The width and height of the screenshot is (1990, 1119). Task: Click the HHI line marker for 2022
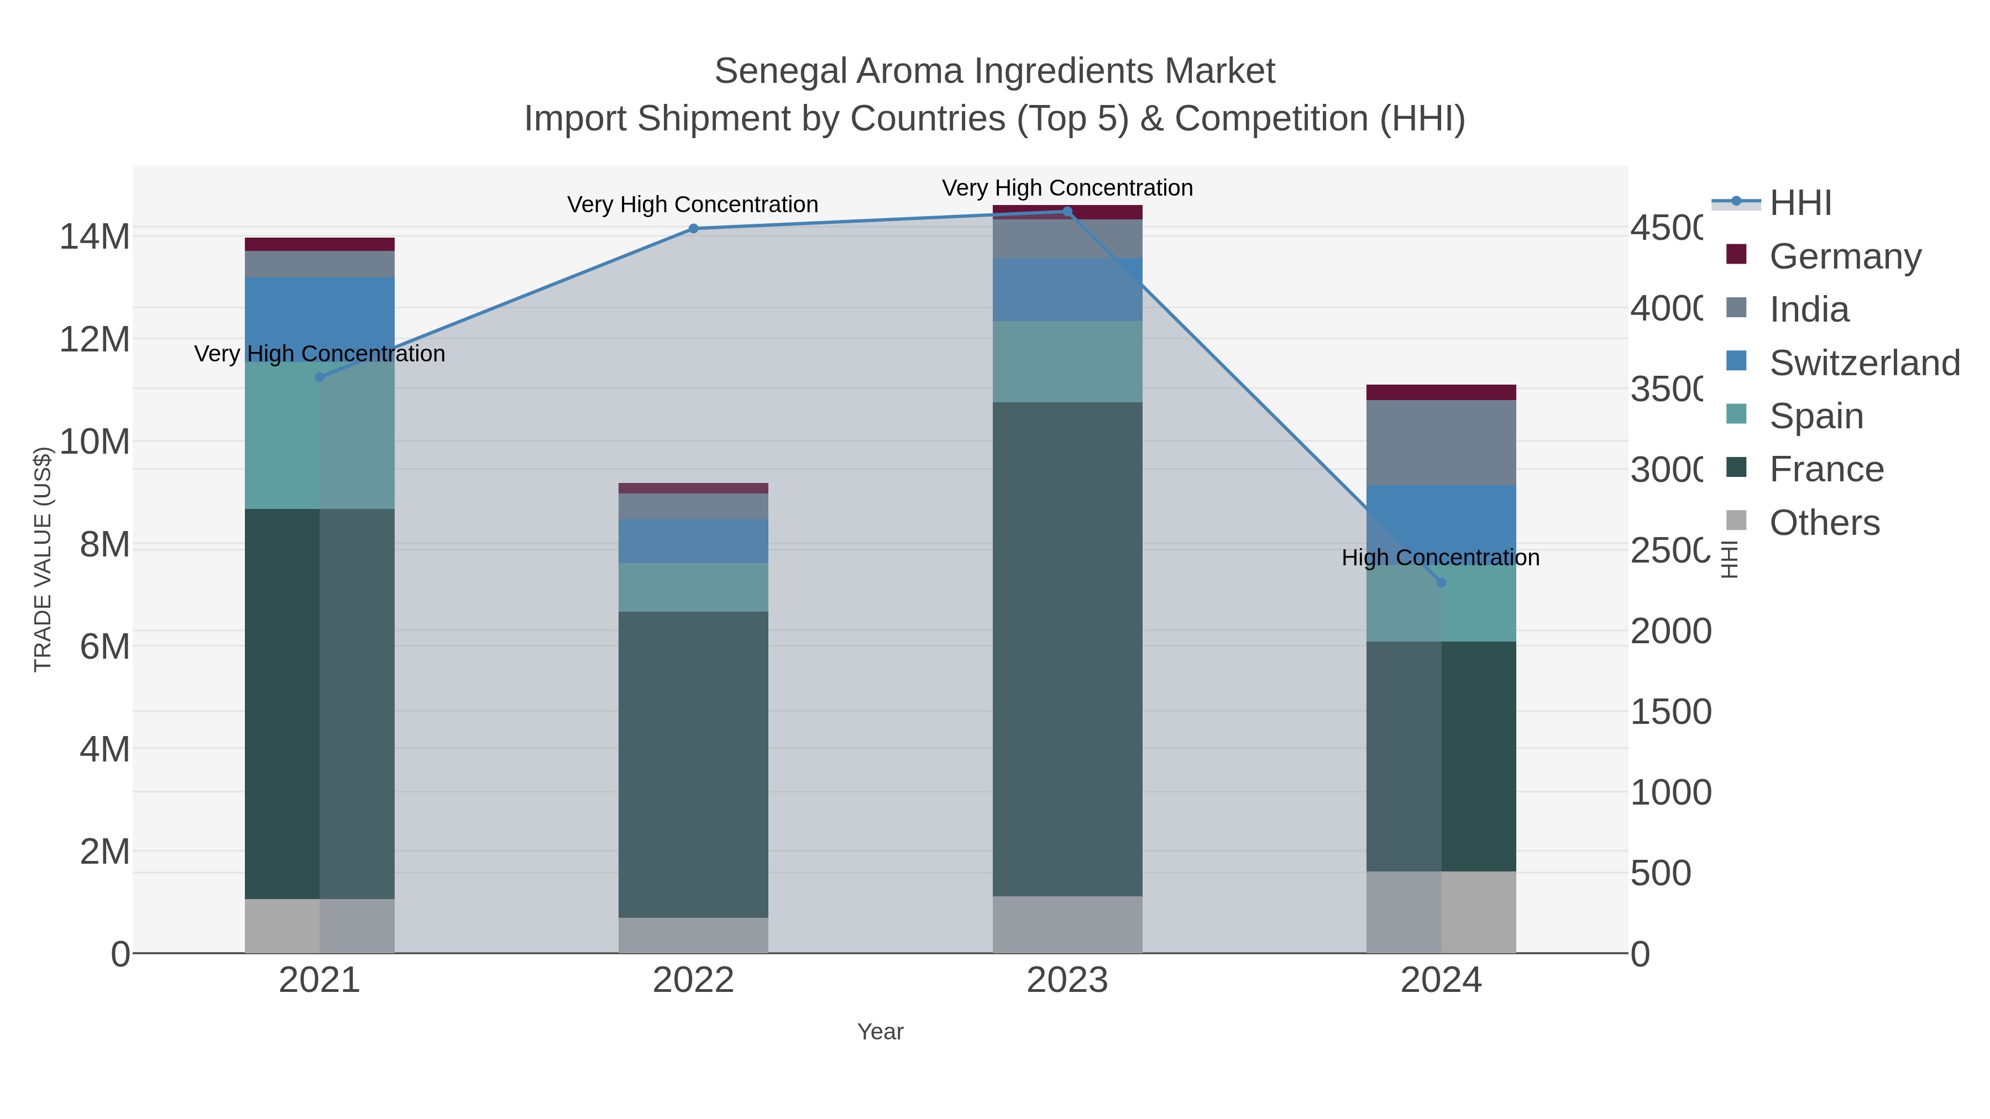coord(693,229)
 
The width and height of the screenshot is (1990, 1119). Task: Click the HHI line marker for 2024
coord(1441,582)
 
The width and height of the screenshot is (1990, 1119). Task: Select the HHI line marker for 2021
coord(320,377)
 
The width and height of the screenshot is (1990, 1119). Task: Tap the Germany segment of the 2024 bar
coord(1441,392)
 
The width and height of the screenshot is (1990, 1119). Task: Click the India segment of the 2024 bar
coord(1441,443)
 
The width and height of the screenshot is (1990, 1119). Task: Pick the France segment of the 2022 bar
coord(693,765)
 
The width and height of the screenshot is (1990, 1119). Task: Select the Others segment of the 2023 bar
coord(1067,924)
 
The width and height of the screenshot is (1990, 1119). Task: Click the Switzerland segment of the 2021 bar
coord(320,319)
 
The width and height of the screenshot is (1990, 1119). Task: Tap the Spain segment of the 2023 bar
coord(1067,361)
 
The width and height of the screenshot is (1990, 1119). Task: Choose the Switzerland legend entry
coord(1864,363)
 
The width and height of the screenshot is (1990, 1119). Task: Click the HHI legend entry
coord(1800,203)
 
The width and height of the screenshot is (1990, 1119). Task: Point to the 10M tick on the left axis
coord(94,442)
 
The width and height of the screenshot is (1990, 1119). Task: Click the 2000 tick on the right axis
coord(1670,631)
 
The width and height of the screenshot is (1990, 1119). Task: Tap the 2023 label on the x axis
coord(1067,980)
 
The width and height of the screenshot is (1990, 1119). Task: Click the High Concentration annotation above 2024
coord(1440,558)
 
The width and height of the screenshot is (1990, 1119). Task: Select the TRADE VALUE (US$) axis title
coord(43,559)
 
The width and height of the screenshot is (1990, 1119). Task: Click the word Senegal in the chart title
coord(779,71)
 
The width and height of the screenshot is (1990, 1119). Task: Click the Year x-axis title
coord(880,1032)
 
